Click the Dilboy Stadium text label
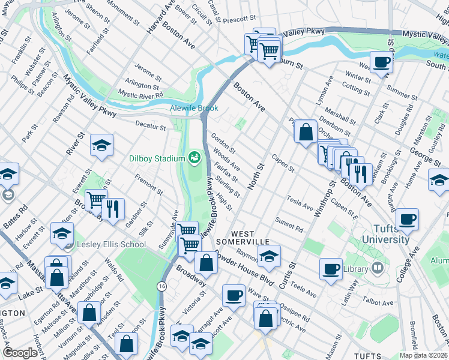(157, 159)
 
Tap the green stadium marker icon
(194, 158)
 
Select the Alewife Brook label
(194, 109)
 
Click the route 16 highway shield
(163, 285)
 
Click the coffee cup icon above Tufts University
(408, 220)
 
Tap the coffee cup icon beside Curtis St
(330, 268)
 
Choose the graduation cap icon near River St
(101, 145)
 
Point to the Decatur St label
(150, 127)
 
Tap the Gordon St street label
(223, 143)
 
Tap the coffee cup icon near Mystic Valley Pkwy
(381, 62)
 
